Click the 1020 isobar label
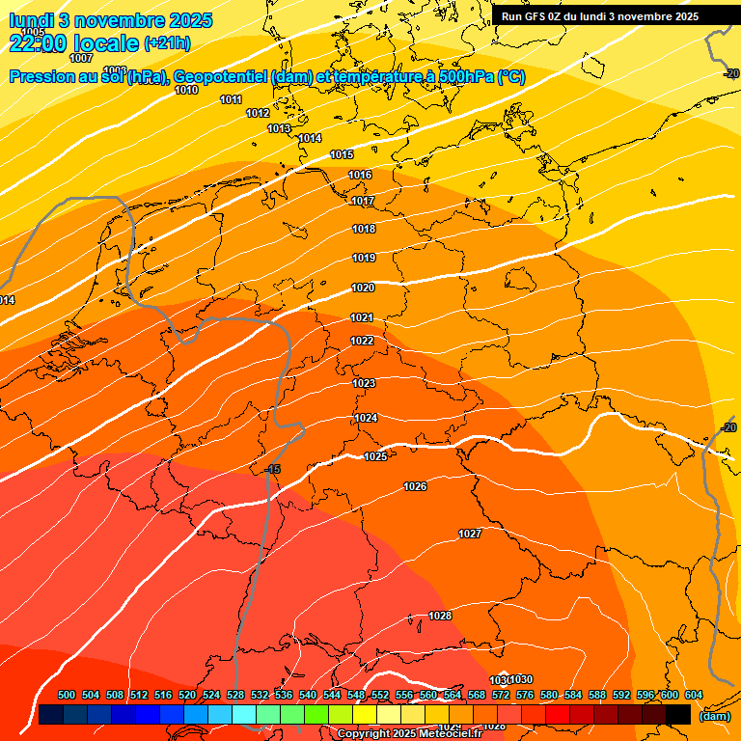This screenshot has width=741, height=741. tap(363, 288)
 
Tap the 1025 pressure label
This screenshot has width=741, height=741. tap(376, 456)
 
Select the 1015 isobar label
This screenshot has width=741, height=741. tap(342, 155)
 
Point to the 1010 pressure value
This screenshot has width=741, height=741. tap(186, 90)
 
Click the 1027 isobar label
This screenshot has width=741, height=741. tap(470, 534)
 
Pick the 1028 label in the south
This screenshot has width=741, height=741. tap(440, 616)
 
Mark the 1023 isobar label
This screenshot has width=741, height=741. tap(364, 383)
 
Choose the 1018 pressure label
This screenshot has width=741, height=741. tap(364, 229)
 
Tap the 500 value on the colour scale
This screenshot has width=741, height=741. tap(67, 695)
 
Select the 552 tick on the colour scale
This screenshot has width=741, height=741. tap(380, 695)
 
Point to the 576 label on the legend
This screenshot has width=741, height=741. tap(525, 695)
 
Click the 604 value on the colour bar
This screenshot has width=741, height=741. tap(693, 695)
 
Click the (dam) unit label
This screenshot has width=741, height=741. tap(714, 716)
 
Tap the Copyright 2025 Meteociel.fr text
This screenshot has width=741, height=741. tap(409, 734)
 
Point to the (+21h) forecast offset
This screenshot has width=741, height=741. tap(167, 43)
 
